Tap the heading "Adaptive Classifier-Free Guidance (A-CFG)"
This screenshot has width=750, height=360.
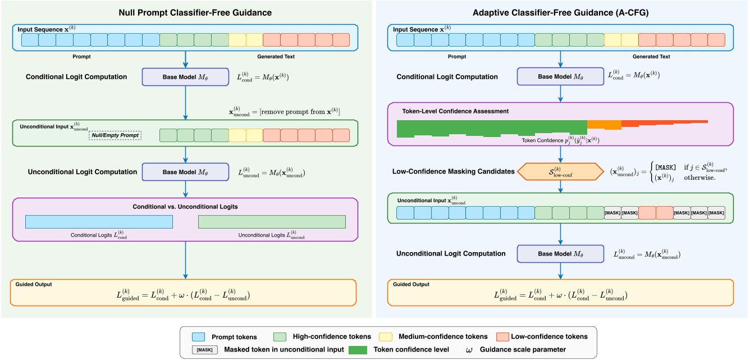point(560,12)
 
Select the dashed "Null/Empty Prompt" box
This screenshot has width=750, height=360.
point(115,135)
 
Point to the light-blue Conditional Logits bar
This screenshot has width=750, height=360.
point(99,221)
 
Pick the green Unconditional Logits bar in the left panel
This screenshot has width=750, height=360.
point(272,221)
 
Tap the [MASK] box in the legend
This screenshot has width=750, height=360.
point(199,349)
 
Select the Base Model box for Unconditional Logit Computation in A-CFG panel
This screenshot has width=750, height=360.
point(560,254)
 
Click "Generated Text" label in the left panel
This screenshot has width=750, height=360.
point(276,57)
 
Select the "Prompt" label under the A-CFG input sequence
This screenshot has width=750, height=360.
point(456,57)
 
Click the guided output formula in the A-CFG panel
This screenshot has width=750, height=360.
point(560,295)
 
